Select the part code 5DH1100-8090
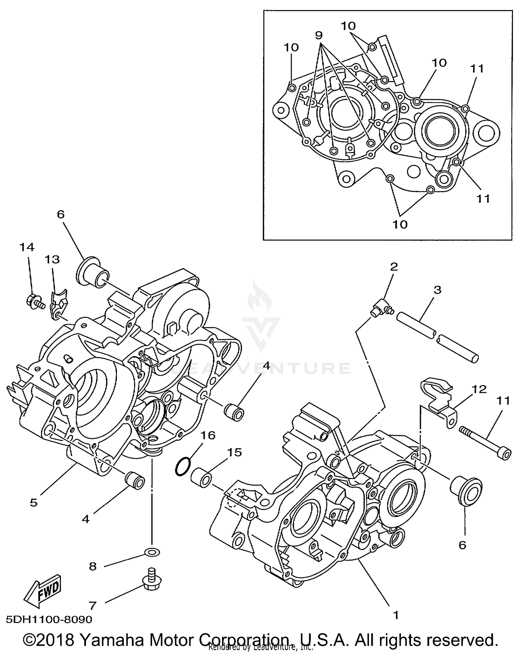(x=49, y=620)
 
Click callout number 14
(x=27, y=247)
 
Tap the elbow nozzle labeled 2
(x=380, y=307)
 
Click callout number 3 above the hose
(x=437, y=290)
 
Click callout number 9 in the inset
(x=318, y=35)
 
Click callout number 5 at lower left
(x=33, y=503)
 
